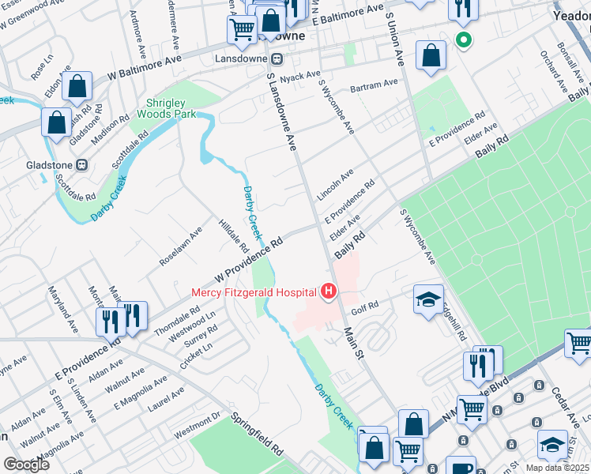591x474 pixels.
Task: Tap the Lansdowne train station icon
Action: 277,58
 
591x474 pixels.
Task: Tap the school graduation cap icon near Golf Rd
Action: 428,299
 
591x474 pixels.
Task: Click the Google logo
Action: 26,464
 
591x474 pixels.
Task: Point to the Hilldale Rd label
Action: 234,235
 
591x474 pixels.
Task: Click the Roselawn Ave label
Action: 181,246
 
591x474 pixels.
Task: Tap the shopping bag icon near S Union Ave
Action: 431,56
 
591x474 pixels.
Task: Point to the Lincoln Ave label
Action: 335,184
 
